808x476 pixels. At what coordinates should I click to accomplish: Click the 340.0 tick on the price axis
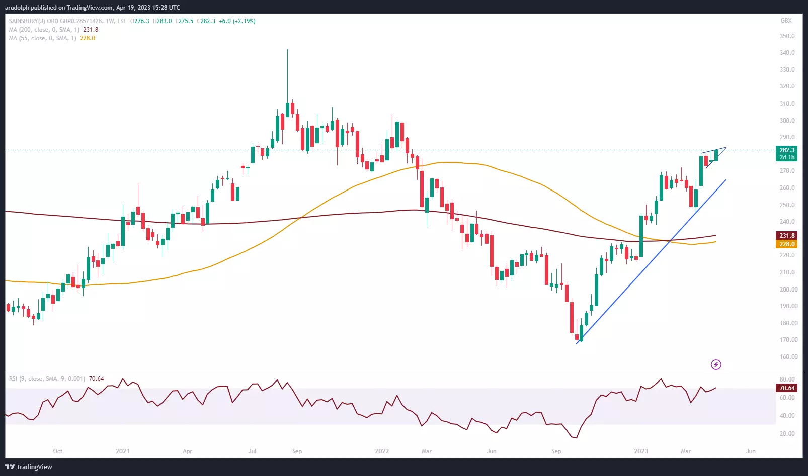pos(787,53)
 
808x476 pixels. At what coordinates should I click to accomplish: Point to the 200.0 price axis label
pos(787,290)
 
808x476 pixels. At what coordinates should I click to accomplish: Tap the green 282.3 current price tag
pos(787,150)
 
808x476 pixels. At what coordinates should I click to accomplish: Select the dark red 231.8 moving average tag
pos(787,236)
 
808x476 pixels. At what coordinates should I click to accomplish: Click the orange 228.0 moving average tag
pos(787,244)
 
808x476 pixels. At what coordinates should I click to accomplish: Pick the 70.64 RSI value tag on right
pos(787,388)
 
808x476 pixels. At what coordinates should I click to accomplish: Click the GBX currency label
pos(786,21)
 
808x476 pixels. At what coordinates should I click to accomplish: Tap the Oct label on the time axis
pos(58,451)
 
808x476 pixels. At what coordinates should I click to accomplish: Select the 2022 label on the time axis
pos(382,451)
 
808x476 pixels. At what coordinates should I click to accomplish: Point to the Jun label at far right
pos(751,451)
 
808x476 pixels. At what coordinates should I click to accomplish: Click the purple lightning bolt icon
pos(716,364)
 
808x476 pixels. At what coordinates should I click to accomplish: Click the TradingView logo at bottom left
pos(29,467)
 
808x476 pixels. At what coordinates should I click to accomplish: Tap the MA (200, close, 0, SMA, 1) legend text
pos(44,30)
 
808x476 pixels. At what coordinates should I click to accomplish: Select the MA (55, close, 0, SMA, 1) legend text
pos(43,38)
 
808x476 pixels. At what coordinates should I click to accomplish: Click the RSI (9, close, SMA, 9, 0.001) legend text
pos(47,379)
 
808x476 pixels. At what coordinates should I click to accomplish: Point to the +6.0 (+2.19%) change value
pos(237,21)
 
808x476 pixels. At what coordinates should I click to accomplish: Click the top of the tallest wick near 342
pos(287,50)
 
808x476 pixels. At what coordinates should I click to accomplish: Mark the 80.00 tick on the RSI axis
pos(787,379)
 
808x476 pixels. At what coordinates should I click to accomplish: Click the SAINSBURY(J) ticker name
pos(27,21)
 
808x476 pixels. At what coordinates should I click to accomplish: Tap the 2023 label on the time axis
pos(641,451)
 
